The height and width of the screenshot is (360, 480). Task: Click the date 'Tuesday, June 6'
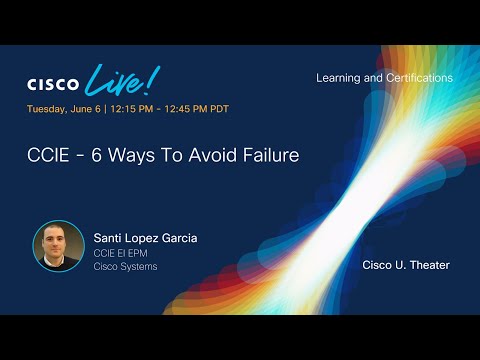click(65, 109)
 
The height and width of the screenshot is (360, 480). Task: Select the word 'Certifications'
click(418, 78)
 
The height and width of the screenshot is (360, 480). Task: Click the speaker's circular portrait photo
click(58, 246)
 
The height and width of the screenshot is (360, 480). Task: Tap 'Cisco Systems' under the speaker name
click(126, 267)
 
